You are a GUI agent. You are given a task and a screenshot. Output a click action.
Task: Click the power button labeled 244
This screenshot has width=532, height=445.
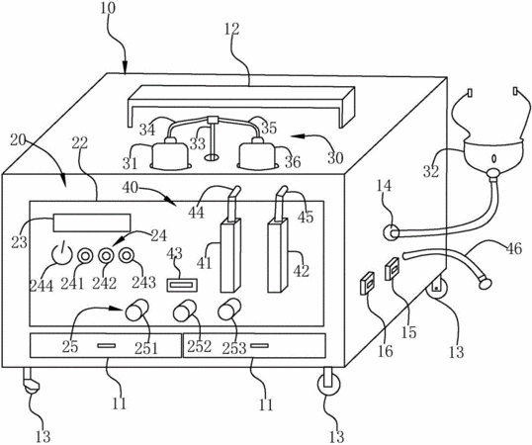pos(61,255)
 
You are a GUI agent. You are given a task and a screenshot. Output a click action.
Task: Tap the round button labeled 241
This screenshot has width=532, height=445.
pos(84,256)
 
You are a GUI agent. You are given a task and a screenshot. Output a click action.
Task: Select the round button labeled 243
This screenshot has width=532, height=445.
pos(127,255)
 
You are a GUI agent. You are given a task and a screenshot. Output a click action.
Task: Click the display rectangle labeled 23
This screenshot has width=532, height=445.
pos(92,222)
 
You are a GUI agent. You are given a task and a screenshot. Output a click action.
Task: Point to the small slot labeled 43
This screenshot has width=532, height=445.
pos(182,285)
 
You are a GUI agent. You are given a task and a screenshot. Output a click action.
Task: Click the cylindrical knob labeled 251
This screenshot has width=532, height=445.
pos(137,310)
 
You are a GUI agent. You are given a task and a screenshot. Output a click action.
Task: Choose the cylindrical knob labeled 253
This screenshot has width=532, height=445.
pos(229,310)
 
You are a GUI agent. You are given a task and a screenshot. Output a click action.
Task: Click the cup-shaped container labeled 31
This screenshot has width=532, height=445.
pos(170,155)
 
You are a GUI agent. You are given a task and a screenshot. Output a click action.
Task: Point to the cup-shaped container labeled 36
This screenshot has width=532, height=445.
pos(257,155)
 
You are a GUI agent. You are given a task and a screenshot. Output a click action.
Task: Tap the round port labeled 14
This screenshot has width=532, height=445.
pos(392,233)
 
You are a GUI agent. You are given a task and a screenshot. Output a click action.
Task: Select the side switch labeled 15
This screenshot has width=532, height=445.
pos(393,269)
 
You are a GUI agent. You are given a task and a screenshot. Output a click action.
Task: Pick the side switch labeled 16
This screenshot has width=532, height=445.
pos(367,283)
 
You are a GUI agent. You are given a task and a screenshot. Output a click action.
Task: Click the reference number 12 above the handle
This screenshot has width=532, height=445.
pos(231,29)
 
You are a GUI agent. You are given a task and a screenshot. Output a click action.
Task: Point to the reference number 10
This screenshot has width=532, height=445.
pos(108,8)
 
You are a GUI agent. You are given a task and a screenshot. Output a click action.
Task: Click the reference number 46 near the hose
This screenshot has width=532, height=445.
pos(513,248)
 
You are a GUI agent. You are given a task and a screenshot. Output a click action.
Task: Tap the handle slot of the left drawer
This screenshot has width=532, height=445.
pos(106,346)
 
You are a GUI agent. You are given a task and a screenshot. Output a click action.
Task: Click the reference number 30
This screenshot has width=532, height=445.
pos(335,157)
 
